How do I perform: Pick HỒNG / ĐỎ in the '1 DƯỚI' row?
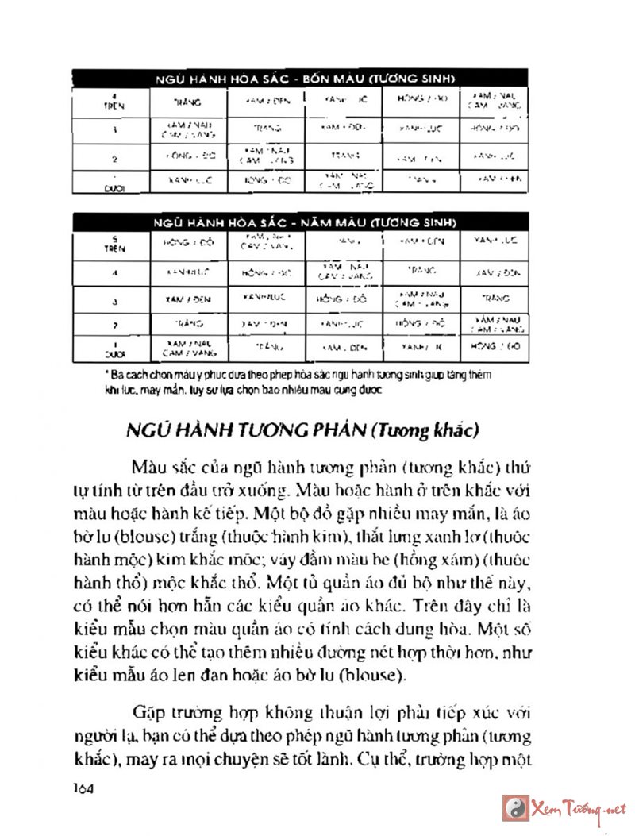click(495, 347)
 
